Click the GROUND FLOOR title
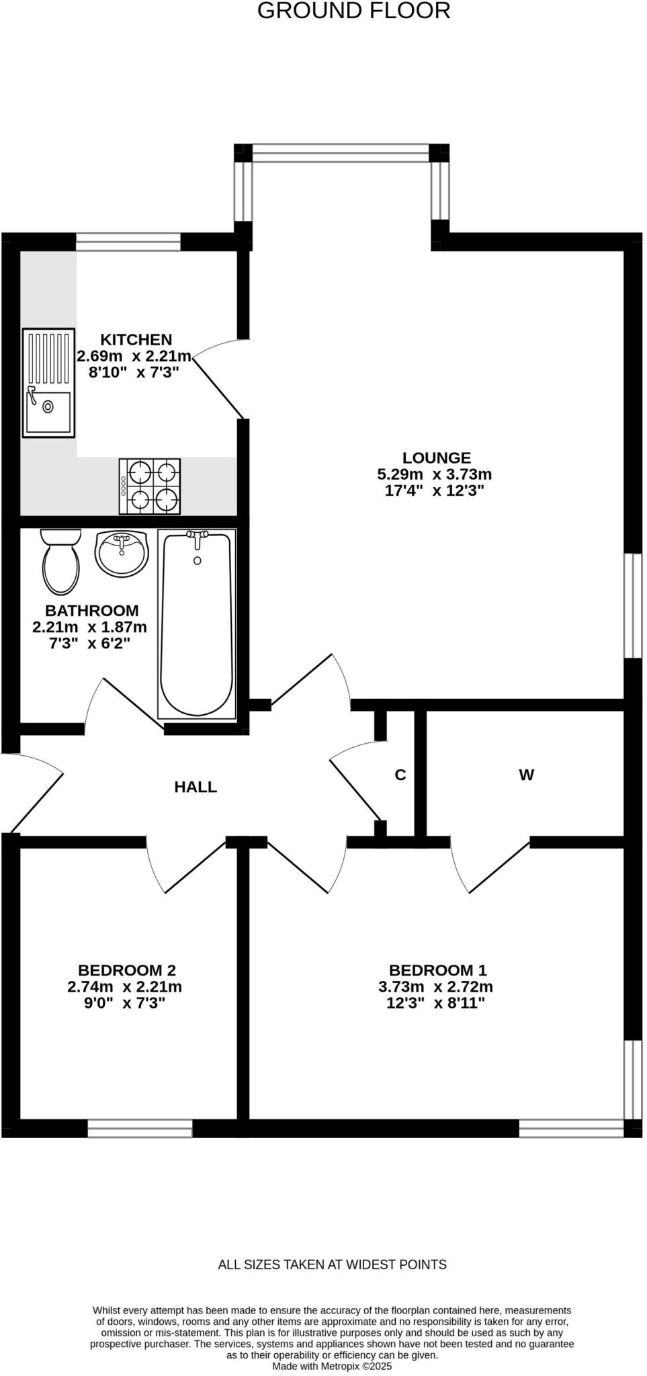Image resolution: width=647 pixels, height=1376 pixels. tap(353, 11)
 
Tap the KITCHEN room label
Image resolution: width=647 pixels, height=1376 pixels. tap(136, 340)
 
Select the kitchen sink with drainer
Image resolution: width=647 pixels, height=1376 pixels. tap(48, 382)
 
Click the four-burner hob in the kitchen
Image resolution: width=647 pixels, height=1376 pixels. tap(150, 486)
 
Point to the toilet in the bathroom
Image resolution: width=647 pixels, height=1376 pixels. tap(60, 562)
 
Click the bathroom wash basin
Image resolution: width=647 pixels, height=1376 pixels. tap(121, 554)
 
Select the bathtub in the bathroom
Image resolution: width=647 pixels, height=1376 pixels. tap(197, 623)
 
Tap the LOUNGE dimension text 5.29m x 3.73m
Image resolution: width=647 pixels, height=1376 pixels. tap(435, 474)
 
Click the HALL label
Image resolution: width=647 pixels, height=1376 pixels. tap(196, 787)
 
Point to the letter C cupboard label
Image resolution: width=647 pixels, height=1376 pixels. tap(400, 775)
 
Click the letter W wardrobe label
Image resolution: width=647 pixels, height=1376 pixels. tap(526, 775)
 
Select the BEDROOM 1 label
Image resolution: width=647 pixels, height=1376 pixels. tap(437, 970)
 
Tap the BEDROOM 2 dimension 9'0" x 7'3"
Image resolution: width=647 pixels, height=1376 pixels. tap(125, 1003)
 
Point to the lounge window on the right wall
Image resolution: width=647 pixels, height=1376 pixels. tap(633, 605)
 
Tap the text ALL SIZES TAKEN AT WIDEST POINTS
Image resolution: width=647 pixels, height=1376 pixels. tap(332, 1264)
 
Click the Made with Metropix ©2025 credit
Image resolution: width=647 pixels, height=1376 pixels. tap(332, 1367)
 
